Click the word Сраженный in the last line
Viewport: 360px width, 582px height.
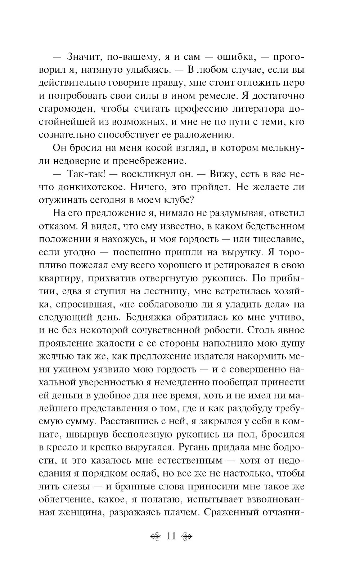[x=234, y=512]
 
